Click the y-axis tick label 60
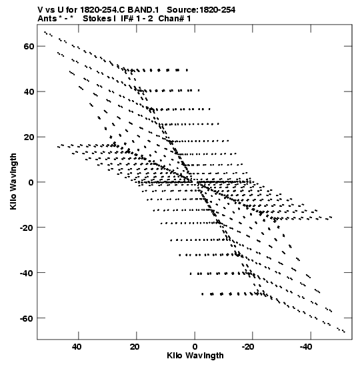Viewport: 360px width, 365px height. click(29, 46)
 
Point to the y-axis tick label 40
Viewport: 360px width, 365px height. click(29, 91)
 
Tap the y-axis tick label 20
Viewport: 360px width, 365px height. click(29, 137)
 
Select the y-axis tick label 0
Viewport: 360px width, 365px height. click(31, 182)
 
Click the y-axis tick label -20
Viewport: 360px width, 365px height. click(27, 228)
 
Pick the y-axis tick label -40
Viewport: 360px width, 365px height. click(27, 273)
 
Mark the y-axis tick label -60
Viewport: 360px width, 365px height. click(27, 318)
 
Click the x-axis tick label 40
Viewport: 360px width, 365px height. click(77, 346)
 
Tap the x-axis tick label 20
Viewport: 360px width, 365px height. click(135, 346)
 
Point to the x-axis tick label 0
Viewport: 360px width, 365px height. click(195, 346)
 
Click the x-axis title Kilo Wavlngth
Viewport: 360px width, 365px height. click(195, 356)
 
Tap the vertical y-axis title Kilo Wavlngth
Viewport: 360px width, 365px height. click(13, 181)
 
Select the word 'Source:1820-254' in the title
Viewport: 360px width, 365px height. click(201, 10)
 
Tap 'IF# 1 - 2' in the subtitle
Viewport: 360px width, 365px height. click(137, 19)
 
